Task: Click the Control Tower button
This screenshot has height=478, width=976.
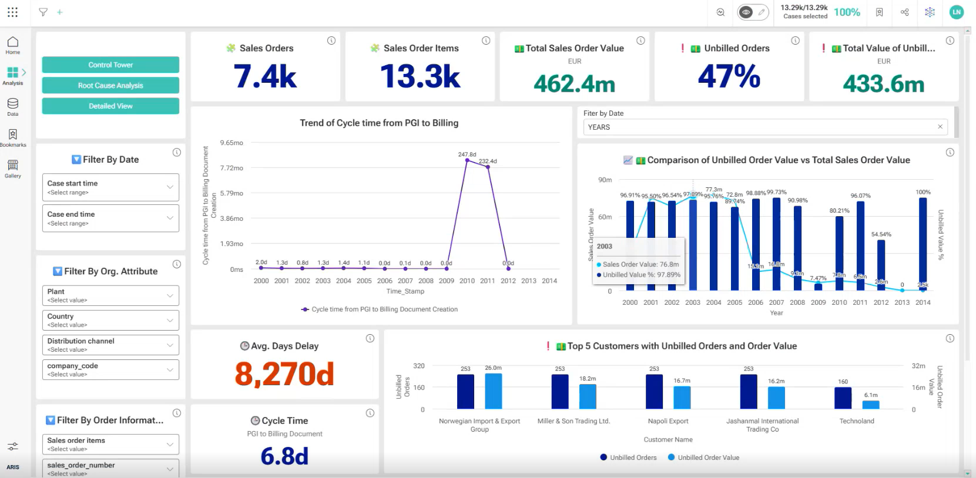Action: [x=110, y=65]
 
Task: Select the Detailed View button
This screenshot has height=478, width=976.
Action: [x=110, y=106]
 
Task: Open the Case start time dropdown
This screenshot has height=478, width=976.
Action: [x=110, y=187]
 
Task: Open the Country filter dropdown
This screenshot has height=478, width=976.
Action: [x=110, y=320]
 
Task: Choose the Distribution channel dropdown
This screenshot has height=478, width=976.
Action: [x=110, y=345]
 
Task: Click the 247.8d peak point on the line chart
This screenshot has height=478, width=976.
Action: [x=467, y=160]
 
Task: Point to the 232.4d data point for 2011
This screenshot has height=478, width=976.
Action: [x=488, y=167]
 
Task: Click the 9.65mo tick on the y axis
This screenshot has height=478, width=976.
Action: [x=232, y=143]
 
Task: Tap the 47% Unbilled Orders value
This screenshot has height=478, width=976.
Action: [x=729, y=77]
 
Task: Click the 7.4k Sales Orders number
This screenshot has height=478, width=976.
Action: [x=265, y=77]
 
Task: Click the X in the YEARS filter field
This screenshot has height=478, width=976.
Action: [x=940, y=127]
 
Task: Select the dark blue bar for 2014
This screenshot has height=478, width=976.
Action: [x=923, y=243]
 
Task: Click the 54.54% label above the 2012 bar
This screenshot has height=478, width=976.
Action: [x=881, y=234]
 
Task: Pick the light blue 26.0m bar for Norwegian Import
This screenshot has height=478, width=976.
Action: [x=493, y=391]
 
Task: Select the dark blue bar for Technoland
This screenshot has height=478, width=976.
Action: [x=843, y=398]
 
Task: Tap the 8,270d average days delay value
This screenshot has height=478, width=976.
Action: [x=284, y=374]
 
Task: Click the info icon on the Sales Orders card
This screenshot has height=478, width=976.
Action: [x=331, y=41]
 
